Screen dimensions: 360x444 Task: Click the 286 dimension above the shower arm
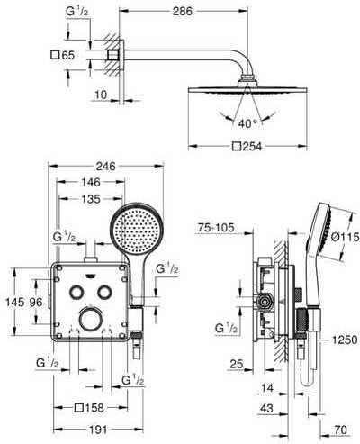pyautogui.click(x=183, y=11)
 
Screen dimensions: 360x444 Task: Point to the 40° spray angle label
pyautogui.click(x=247, y=123)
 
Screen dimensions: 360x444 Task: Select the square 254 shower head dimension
pyautogui.click(x=247, y=147)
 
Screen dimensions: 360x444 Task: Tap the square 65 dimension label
pyautogui.click(x=63, y=55)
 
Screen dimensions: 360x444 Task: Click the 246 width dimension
pyautogui.click(x=106, y=166)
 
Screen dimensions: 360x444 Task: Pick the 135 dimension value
pyautogui.click(x=91, y=199)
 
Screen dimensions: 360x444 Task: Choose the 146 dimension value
pyautogui.click(x=91, y=182)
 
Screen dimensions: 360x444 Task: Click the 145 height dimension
pyautogui.click(x=15, y=302)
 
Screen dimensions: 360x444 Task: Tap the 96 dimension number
pyautogui.click(x=36, y=302)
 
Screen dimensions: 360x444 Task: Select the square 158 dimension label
pyautogui.click(x=89, y=408)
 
